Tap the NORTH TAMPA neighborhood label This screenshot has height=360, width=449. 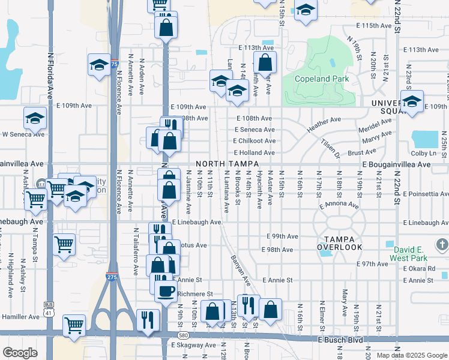click(223, 164)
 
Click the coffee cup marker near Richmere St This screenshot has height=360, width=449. click(165, 291)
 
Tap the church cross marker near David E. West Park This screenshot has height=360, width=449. click(442, 244)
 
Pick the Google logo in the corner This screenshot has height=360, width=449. click(20, 353)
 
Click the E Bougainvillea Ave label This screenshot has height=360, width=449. click(396, 164)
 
